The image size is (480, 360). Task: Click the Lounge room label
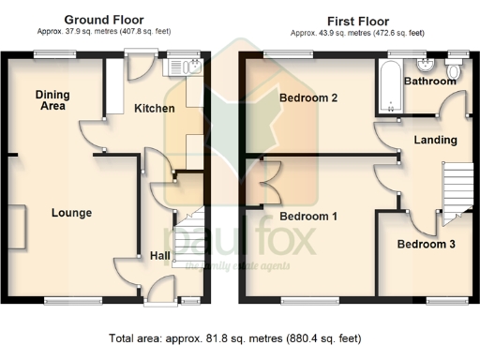(x=71, y=213)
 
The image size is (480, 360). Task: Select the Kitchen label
(x=155, y=109)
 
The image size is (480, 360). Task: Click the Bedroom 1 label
(x=308, y=216)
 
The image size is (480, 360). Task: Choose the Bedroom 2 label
(x=308, y=97)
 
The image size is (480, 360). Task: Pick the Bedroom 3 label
(x=427, y=245)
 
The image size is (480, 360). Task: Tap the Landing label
(x=436, y=140)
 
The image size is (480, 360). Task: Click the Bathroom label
(x=430, y=82)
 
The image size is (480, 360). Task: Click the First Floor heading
(x=355, y=20)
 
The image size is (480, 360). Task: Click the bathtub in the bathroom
(x=390, y=86)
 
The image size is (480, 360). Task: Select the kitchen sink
(x=177, y=66)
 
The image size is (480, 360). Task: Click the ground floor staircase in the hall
(x=189, y=233)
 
